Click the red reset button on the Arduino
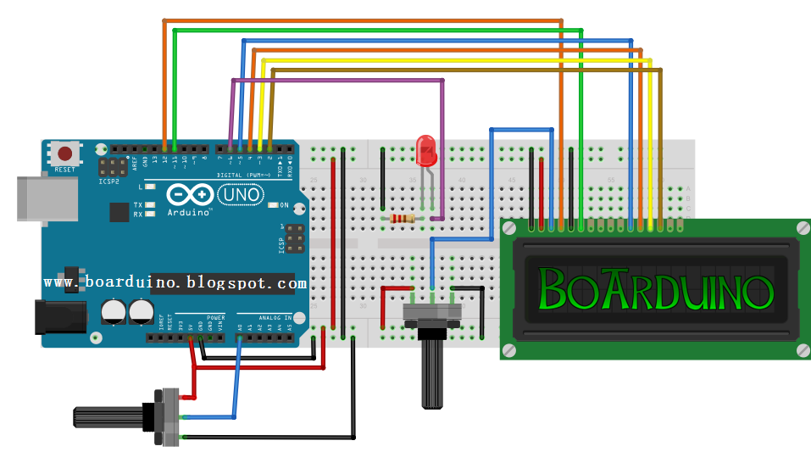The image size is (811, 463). coord(64,154)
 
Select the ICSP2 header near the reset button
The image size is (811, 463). coord(108,166)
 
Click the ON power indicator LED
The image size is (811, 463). coord(273,205)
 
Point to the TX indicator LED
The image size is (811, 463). coord(150,205)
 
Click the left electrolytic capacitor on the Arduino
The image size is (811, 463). coord(111,312)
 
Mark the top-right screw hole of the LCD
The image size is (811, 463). coord(802,227)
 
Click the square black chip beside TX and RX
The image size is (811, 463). coord(119,212)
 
